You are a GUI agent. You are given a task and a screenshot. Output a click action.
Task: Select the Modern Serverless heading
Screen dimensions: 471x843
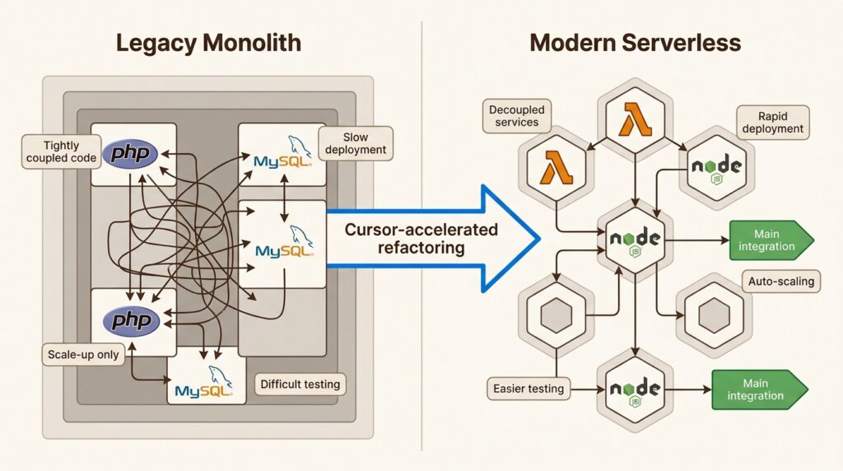point(635,43)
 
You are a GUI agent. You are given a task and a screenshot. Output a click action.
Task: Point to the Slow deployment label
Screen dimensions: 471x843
point(356,143)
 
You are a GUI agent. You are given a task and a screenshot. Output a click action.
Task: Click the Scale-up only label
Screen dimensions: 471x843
point(82,356)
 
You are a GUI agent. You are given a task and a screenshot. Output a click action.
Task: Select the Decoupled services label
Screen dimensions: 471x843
point(517,116)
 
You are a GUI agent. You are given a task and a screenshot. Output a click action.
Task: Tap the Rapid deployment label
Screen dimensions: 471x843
point(771,122)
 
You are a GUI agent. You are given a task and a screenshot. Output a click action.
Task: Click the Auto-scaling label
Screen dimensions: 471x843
point(780,282)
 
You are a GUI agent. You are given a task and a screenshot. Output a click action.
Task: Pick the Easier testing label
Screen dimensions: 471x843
point(529,388)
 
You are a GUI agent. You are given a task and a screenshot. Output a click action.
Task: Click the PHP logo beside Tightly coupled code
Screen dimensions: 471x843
point(133,154)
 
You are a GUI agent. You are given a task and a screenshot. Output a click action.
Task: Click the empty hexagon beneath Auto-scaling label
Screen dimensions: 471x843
point(713,315)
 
